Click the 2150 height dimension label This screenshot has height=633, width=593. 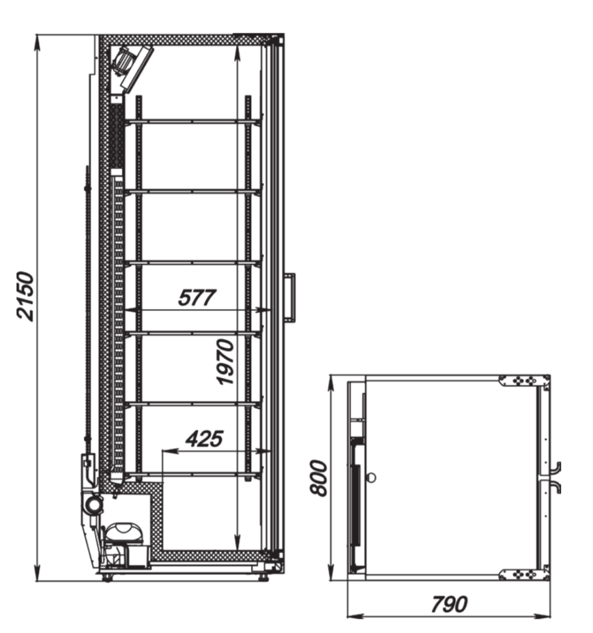(25, 296)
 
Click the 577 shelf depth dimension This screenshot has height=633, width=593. (197, 297)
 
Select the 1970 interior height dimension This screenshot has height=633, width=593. (225, 362)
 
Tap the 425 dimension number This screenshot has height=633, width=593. (205, 439)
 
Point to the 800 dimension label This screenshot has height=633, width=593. (318, 477)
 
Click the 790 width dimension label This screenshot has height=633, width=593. (449, 604)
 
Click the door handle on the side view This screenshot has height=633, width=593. (291, 297)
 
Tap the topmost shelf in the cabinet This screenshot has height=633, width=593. (193, 121)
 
